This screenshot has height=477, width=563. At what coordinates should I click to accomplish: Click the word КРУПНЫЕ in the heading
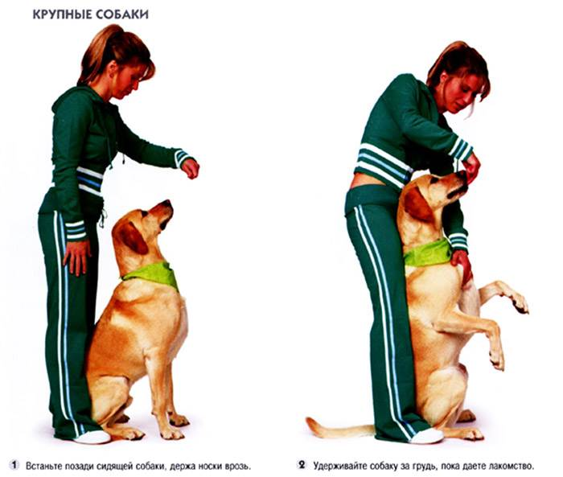pyautogui.click(x=63, y=14)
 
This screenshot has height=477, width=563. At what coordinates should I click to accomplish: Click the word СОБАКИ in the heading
pyautogui.click(x=122, y=14)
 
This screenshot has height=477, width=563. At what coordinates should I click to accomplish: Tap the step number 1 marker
pyautogui.click(x=14, y=466)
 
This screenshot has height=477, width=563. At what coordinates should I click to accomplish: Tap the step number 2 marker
pyautogui.click(x=302, y=465)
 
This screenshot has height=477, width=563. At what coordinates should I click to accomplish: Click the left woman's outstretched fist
pyautogui.click(x=190, y=168)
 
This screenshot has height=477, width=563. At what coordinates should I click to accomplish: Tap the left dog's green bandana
pyautogui.click(x=153, y=274)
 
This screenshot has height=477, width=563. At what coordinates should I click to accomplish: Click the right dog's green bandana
pyautogui.click(x=428, y=253)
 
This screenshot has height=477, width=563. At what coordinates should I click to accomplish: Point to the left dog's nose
pyautogui.click(x=167, y=203)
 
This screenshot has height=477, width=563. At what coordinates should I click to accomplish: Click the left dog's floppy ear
pyautogui.click(x=132, y=237)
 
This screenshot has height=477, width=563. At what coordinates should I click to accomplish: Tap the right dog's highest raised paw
pyautogui.click(x=517, y=299)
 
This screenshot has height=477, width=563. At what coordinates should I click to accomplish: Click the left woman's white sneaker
pyautogui.click(x=92, y=437)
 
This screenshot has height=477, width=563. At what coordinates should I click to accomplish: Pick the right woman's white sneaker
pyautogui.click(x=426, y=436)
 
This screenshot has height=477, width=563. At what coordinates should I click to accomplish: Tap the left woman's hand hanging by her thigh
pyautogui.click(x=76, y=257)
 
